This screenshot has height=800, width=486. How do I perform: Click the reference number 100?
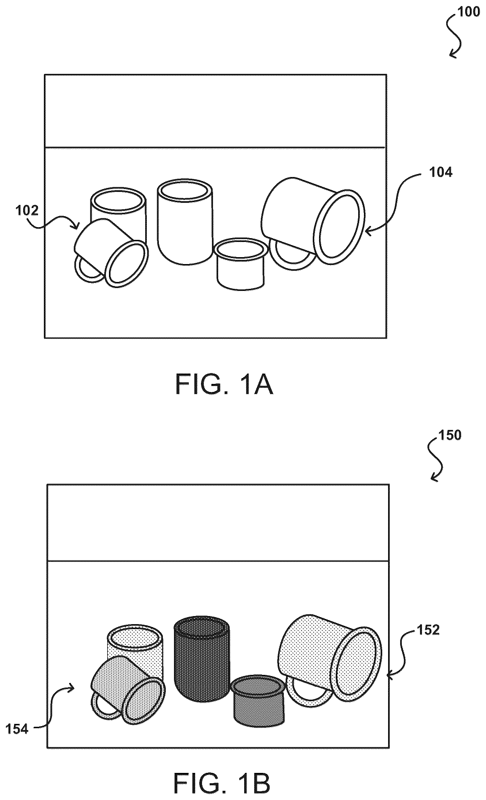[468, 12]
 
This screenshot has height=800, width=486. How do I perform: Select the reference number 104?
[440, 172]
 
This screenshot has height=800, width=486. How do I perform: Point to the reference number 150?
[450, 435]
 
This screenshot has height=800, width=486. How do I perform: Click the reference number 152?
[428, 630]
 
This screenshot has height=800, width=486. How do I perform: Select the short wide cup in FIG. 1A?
[240, 264]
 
